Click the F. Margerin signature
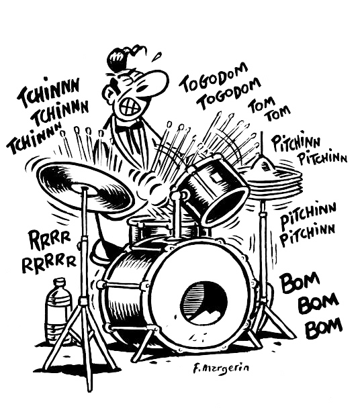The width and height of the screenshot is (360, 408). (x=222, y=368)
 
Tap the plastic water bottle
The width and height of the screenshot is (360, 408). (x=59, y=309)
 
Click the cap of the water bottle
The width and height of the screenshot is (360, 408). (x=60, y=282)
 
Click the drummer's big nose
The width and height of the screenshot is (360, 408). (x=155, y=79)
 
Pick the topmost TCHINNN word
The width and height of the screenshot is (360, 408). (x=48, y=92)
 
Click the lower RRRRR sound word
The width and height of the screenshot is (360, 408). (x=49, y=263)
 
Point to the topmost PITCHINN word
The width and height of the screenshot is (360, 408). (x=296, y=143)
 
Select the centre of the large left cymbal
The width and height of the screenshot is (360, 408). (x=85, y=188)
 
